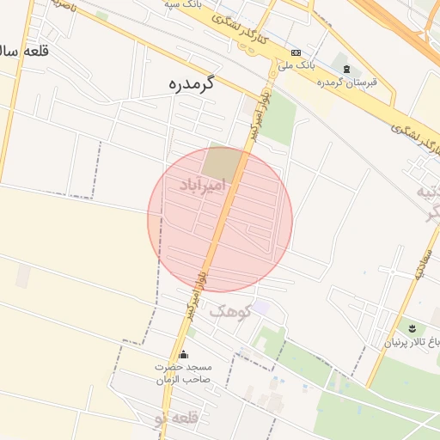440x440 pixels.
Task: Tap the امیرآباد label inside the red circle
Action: [204, 184]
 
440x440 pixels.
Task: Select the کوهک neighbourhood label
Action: [229, 310]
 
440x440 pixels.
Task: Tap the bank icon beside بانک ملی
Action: [296, 52]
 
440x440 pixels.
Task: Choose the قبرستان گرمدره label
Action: [347, 82]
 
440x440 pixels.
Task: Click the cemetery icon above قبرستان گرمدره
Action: [346, 69]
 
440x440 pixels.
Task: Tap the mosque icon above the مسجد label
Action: [182, 354]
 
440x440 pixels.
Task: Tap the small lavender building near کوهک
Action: [261, 307]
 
